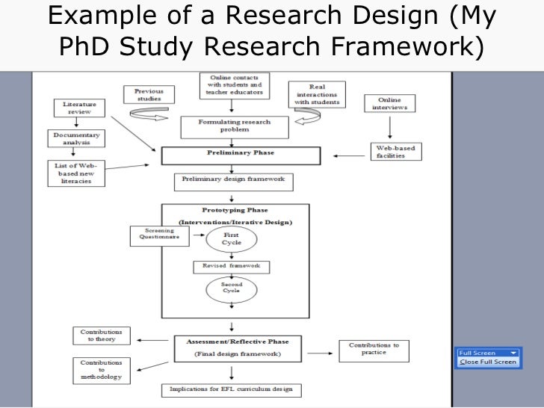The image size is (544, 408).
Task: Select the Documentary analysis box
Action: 75,139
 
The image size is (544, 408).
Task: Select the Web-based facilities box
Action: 397,152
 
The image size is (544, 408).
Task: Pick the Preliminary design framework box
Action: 233,182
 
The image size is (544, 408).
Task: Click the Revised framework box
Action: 230,267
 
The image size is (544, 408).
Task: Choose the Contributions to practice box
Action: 375,349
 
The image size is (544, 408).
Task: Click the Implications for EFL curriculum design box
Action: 232,390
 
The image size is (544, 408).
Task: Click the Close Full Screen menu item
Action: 487,362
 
